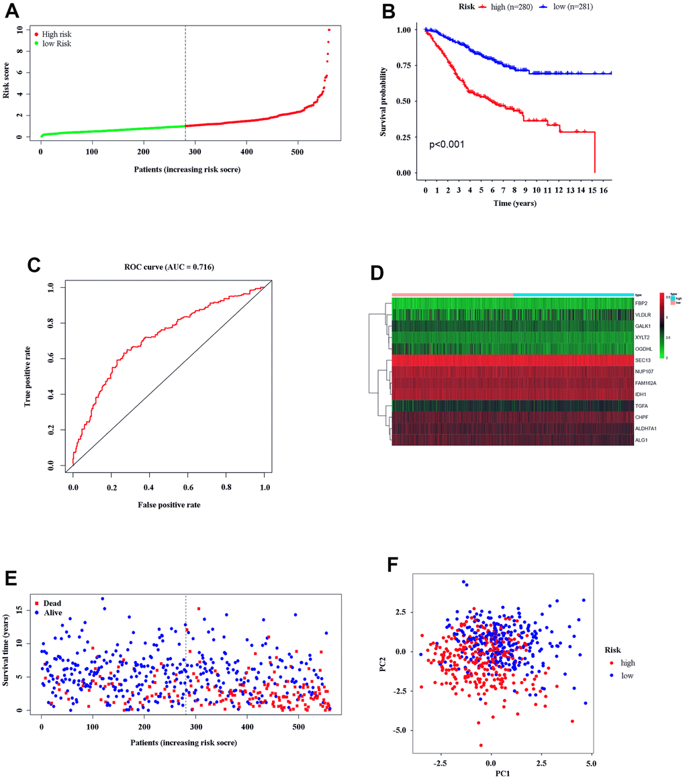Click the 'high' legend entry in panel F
pos(627,662)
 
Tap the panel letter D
pos(377,273)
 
